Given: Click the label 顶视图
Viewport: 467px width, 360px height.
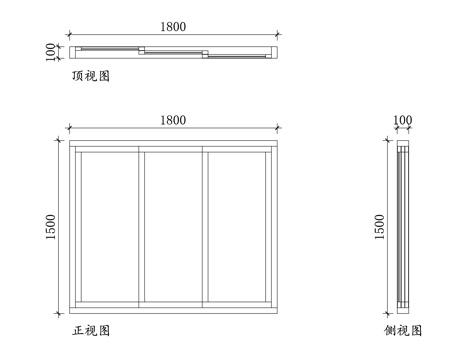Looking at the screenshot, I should point(90,75).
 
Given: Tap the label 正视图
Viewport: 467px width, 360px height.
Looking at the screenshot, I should point(90,329).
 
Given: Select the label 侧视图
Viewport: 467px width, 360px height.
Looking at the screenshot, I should point(402,329).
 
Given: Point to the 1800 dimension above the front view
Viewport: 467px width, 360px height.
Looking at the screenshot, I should point(172,120).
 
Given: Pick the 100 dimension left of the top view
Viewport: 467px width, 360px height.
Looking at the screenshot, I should point(49,51).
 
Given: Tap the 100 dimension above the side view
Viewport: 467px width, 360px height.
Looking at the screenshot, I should point(402,121).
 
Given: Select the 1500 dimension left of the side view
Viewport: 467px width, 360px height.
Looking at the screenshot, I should point(379,228).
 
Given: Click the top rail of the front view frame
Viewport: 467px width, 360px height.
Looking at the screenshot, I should point(172,147).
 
